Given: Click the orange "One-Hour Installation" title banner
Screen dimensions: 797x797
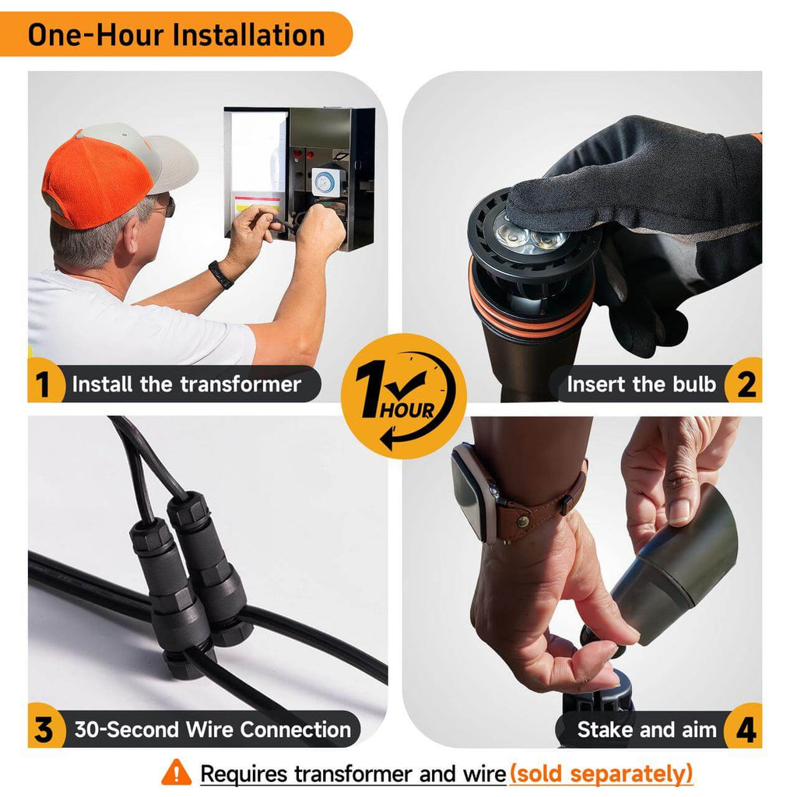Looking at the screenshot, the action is [175, 34].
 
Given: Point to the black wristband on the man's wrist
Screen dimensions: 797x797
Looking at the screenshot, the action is [220, 275].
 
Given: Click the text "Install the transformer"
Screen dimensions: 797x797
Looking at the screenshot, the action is [187, 384].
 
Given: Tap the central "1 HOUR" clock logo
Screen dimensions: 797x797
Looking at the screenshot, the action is [404, 396].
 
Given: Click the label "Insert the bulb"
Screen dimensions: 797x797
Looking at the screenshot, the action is [641, 384].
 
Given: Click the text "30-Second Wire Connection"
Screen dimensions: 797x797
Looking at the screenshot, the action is [212, 730].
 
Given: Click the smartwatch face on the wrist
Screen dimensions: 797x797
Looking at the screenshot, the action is [470, 492].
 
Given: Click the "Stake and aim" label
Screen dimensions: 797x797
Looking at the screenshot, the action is [647, 730].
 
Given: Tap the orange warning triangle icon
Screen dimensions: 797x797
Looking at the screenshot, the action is [177, 773].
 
